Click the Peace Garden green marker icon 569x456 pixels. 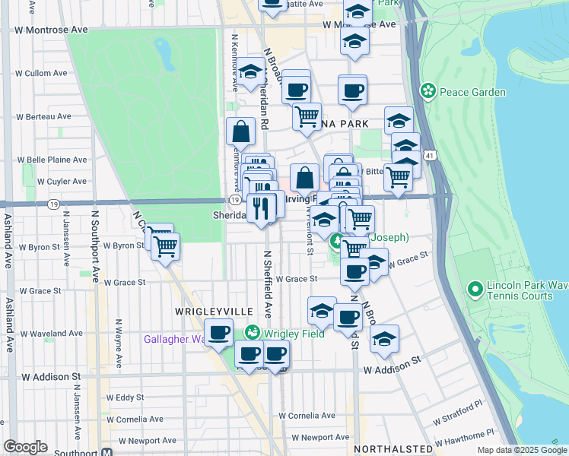pos(428,92)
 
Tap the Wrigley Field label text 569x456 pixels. pos(294,334)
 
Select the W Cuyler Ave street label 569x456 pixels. pos(58,182)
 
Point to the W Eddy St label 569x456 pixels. pos(126,397)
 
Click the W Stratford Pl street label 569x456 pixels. pos(458,420)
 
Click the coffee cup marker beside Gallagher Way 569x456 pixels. pos(219,332)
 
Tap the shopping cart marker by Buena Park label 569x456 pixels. pos(307,116)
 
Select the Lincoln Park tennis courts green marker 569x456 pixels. pos(476,289)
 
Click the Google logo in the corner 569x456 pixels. pos(25,447)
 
